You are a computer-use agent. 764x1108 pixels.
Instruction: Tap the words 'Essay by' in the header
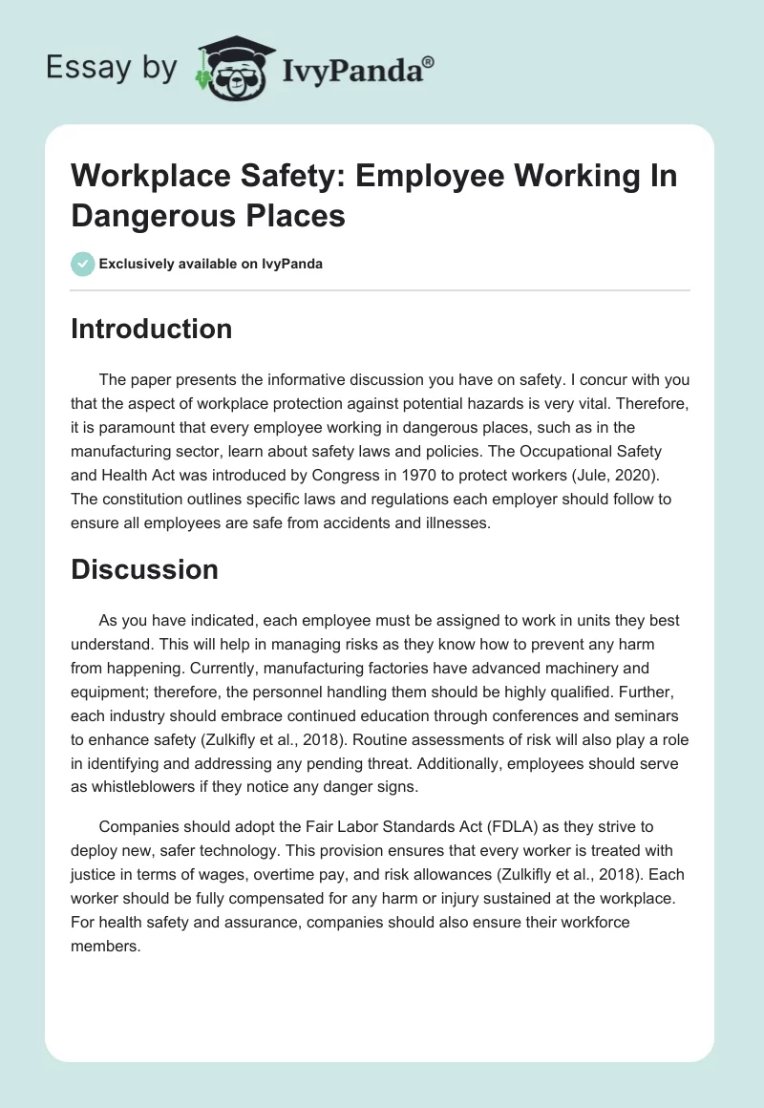[113, 69]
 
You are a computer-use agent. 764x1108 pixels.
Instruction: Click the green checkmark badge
[83, 264]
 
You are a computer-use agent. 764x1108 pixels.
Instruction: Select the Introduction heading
[152, 329]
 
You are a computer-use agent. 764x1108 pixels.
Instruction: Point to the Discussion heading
[145, 569]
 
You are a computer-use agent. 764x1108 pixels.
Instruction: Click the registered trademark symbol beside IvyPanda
[429, 61]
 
